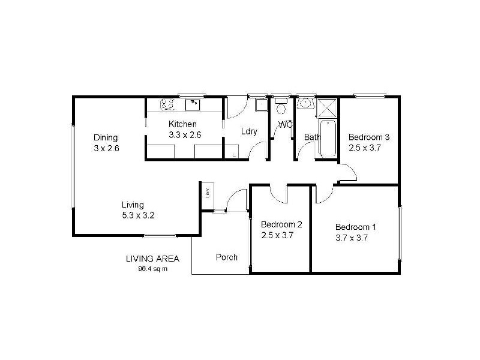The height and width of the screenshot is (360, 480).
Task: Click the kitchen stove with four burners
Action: click(167, 105)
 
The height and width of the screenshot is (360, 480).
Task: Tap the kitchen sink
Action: click(194, 105)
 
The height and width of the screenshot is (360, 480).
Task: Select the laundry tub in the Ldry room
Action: click(262, 105)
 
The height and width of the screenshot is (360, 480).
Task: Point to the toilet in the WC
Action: click(280, 107)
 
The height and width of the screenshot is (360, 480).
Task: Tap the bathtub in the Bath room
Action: click(328, 138)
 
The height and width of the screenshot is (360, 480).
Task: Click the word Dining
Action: click(106, 137)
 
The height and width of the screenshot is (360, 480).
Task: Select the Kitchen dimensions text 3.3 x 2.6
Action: click(184, 135)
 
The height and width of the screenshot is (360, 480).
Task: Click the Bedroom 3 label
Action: click(369, 137)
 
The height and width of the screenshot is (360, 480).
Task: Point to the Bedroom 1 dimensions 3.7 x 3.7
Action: click(351, 237)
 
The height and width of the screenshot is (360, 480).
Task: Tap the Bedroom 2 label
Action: click(281, 224)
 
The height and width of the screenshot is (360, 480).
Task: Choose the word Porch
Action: click(227, 257)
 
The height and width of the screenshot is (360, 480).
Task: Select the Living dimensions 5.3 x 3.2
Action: click(138, 215)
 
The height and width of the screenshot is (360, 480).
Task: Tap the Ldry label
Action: click(249, 132)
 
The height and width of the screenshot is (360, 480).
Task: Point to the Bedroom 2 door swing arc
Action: click(279, 193)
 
